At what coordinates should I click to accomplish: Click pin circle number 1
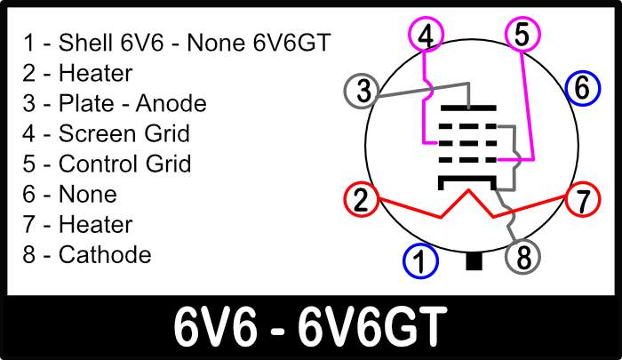coord(421,261)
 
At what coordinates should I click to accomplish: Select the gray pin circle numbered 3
coord(362,90)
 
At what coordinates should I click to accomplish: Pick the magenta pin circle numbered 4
coord(427,36)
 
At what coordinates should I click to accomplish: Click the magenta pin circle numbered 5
coord(522,34)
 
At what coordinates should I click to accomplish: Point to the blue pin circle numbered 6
coord(581,87)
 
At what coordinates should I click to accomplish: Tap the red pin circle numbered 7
coord(582,200)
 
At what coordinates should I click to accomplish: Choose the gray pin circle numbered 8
coord(523,258)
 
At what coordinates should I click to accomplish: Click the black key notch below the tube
coord(474,261)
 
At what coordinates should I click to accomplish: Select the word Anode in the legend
coord(171,103)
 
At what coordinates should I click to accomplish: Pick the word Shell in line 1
coord(83,42)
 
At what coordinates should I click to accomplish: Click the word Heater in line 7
coord(95,224)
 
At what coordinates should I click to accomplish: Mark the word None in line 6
coord(87,194)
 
